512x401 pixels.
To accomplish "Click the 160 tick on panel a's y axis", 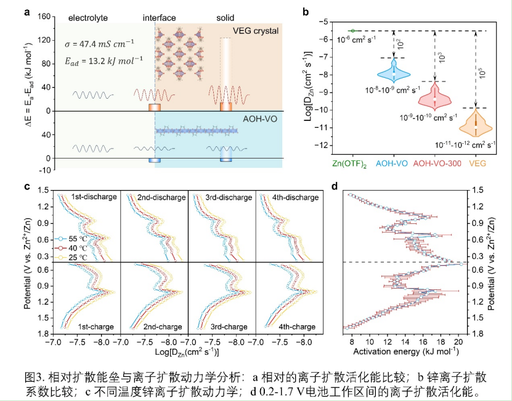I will tap(42, 17).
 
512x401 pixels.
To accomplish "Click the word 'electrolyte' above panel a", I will tap(87, 17).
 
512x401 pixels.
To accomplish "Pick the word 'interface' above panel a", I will tap(160, 17).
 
